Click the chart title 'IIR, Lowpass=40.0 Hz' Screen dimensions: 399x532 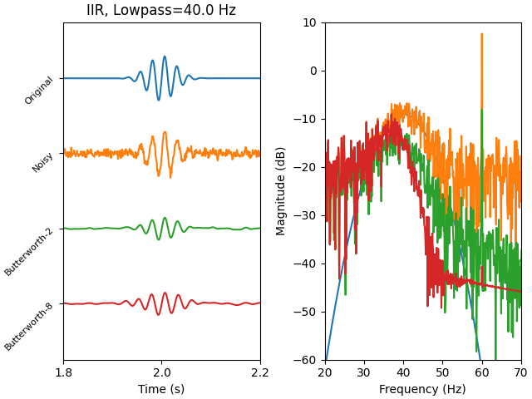tap(161, 11)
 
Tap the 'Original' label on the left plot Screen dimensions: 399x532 tap(39, 91)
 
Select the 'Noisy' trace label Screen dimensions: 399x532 tap(43, 162)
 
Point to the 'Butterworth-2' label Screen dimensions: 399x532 tap(29, 251)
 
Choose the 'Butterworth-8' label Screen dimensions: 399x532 tap(29, 326)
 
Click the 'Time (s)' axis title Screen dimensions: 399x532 tap(161, 389)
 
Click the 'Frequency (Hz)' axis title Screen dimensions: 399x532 tap(422, 389)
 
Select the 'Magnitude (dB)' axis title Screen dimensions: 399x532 tap(282, 191)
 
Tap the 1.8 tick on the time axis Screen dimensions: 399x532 tap(63, 373)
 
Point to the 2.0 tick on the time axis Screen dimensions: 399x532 tap(161, 373)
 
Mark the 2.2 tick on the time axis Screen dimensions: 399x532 tap(259, 373)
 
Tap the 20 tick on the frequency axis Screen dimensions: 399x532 tap(325, 373)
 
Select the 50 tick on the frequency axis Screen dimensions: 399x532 tap(442, 373)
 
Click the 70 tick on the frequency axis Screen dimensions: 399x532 tap(520, 373)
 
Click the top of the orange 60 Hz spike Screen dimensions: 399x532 tap(481, 35)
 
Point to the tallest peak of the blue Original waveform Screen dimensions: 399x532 tap(165, 57)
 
